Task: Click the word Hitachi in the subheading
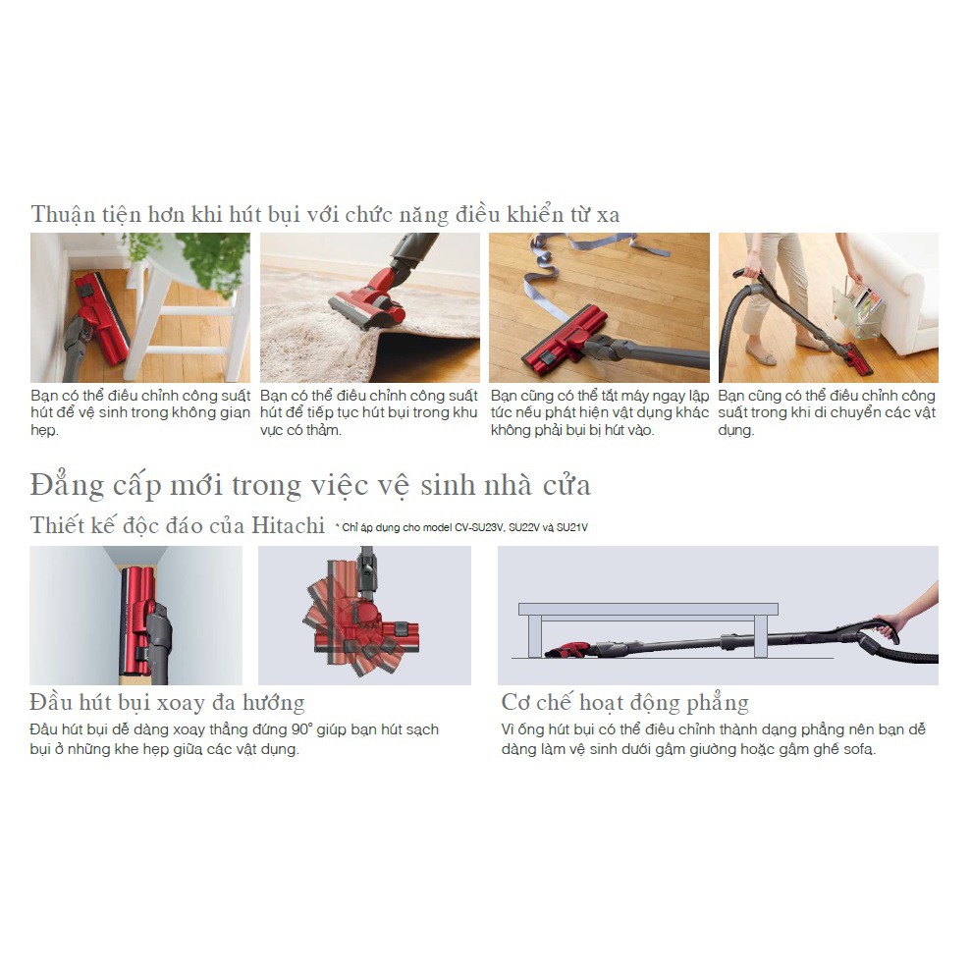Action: click(x=288, y=525)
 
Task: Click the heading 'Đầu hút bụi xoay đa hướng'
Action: click(x=167, y=703)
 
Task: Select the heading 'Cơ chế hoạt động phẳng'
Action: click(x=624, y=703)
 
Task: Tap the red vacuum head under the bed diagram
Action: click(x=567, y=650)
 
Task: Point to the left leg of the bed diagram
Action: click(x=534, y=636)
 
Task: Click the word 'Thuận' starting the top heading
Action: click(x=63, y=215)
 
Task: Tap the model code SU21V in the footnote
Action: click(x=571, y=527)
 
